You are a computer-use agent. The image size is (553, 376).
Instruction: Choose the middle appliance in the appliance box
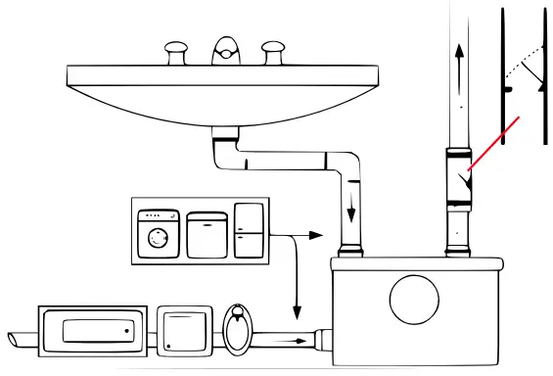(x=207, y=234)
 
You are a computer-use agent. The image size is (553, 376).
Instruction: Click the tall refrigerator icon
(x=249, y=229)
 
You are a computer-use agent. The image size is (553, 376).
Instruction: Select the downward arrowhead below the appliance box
(x=296, y=310)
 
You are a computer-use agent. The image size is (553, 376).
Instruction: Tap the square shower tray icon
(x=183, y=331)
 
